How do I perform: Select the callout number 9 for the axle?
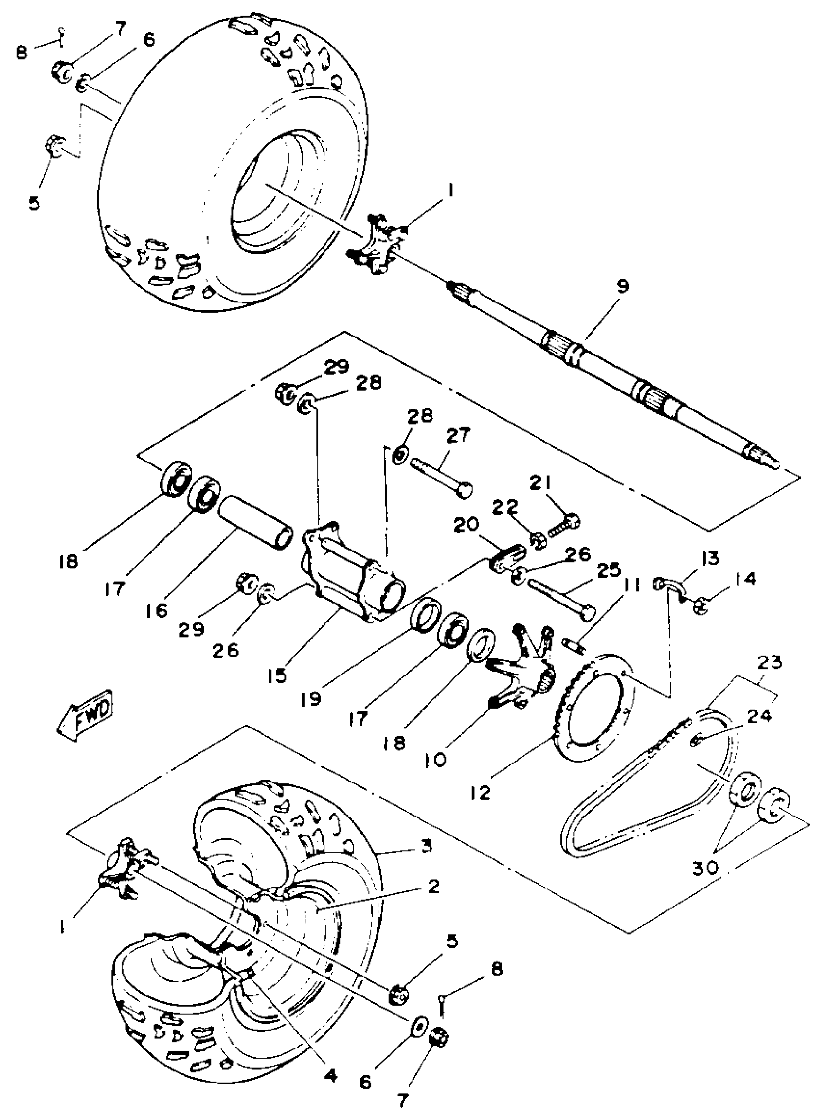623,287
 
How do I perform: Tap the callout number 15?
276,675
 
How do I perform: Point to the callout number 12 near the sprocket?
482,792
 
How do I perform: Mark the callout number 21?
540,484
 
